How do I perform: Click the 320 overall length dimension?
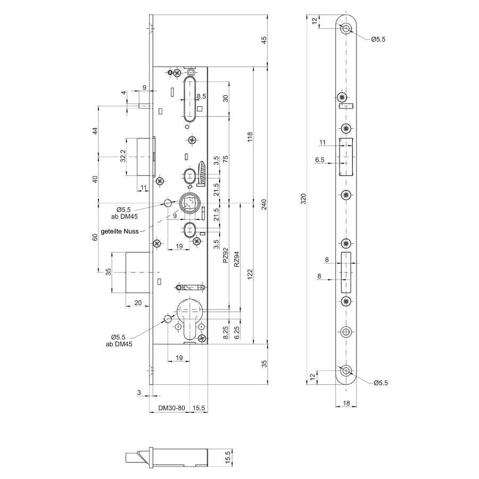point(303,199)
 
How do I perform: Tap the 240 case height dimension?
point(264,204)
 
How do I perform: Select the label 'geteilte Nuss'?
point(119,232)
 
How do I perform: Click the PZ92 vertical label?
point(226,255)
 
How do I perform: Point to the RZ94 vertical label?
point(236,259)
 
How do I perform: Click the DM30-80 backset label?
point(171,408)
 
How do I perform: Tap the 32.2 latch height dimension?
point(123,156)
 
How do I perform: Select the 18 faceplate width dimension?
point(346,403)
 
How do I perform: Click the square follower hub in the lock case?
point(189,203)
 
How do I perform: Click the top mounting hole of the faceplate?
point(346,29)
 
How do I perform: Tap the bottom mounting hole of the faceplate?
point(346,370)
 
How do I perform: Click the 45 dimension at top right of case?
point(264,40)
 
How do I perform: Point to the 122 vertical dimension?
point(250,274)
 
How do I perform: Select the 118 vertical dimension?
point(250,137)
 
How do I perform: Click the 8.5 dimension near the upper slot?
point(201,96)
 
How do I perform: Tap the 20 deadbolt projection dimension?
point(138,302)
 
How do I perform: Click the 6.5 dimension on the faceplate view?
point(319,160)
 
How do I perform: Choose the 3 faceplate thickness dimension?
point(139,393)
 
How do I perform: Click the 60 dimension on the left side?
point(95,237)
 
